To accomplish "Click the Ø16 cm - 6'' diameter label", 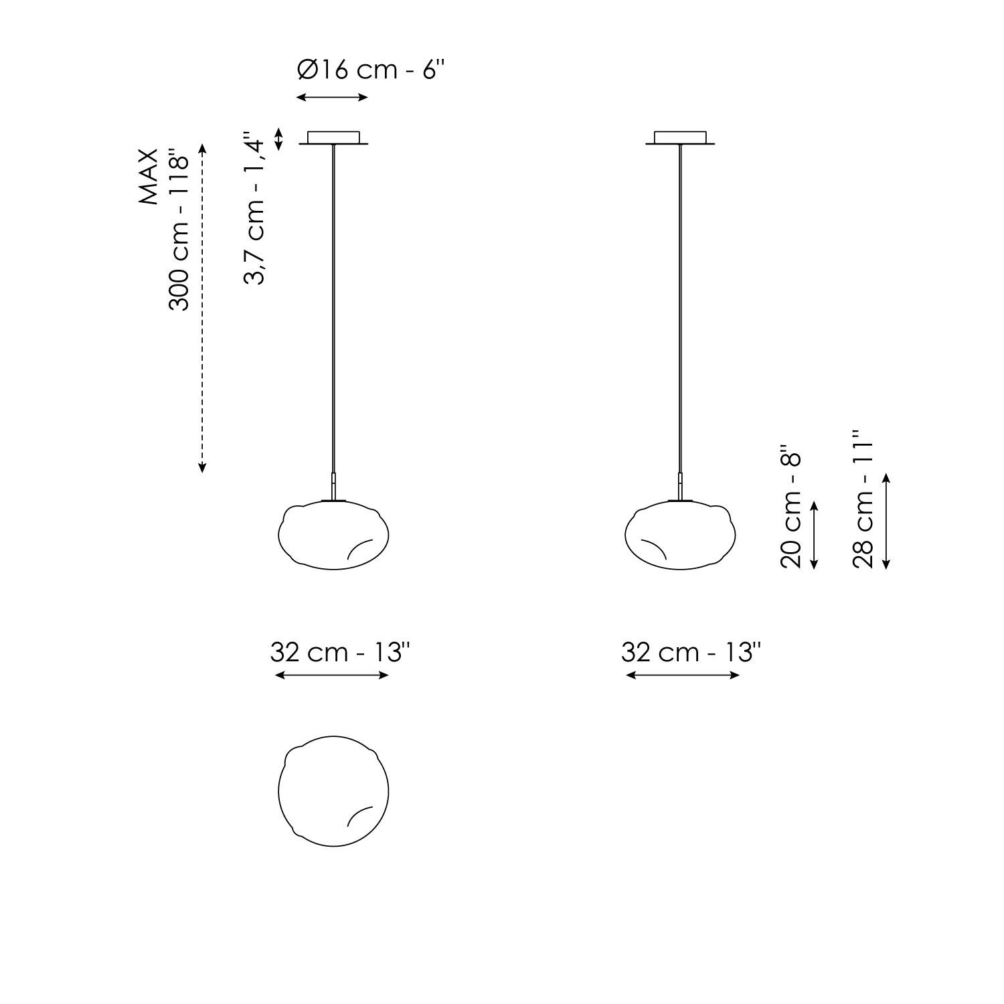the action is pos(370,70).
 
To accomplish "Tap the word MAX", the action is pos(149,177).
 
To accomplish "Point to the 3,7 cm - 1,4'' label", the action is pos(255,208).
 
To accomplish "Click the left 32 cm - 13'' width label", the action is pos(340,652).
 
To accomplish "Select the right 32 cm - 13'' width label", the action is pos(691,652).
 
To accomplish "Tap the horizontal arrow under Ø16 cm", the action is pos(332,97).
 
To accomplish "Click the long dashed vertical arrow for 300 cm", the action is pos(203,308).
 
